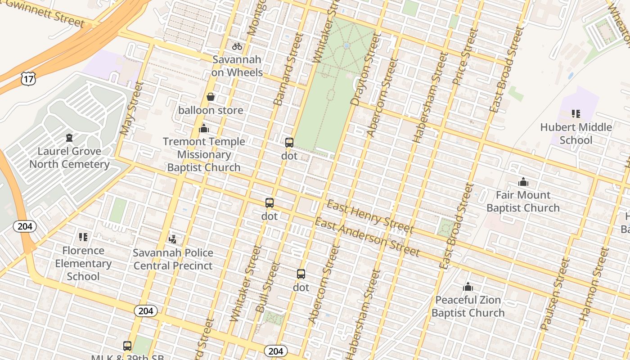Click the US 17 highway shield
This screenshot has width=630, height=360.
(28, 79)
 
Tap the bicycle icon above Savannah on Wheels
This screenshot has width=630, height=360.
(237, 46)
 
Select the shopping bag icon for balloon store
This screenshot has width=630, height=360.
(210, 97)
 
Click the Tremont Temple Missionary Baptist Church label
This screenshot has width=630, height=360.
(204, 154)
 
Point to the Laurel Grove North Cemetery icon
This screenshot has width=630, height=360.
(69, 137)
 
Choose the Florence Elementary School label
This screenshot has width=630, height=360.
(83, 263)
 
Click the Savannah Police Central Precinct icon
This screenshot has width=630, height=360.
(173, 238)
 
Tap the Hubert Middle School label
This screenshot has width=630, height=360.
(576, 134)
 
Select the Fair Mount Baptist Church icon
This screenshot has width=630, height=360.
(523, 182)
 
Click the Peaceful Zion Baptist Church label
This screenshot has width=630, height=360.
(468, 306)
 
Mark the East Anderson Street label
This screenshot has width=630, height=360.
(367, 237)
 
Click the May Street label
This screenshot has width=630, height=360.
(131, 109)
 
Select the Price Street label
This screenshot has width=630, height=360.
(465, 57)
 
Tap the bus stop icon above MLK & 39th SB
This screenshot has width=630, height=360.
(127, 346)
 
